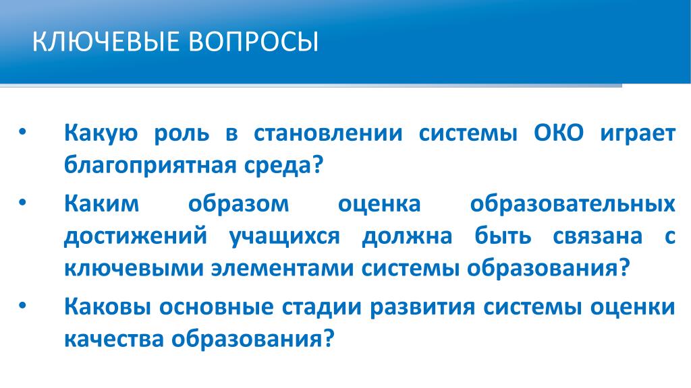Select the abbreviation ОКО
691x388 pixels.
click(559, 133)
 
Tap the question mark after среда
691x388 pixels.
click(318, 164)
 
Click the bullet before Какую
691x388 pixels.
click(23, 132)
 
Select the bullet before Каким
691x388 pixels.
click(23, 203)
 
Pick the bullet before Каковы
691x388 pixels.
click(23, 306)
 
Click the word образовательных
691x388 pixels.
click(572, 203)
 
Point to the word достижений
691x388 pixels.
click(136, 236)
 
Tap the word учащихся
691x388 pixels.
click(285, 237)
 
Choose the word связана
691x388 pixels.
click(598, 236)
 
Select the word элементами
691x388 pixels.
click(283, 269)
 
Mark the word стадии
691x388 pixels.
click(322, 307)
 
